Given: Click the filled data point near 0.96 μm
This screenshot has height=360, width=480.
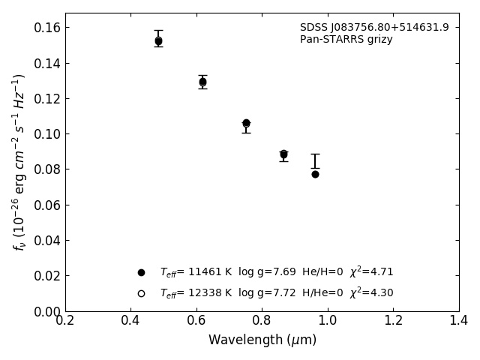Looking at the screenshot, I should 315,174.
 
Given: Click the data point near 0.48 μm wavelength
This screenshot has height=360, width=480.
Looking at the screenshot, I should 158,41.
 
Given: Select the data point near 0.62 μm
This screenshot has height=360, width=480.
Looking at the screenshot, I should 202,82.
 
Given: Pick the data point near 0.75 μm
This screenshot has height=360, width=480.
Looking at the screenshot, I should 246,123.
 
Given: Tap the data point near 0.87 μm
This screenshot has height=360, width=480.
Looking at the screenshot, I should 283,154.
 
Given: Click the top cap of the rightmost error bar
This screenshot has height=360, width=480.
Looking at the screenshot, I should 315,154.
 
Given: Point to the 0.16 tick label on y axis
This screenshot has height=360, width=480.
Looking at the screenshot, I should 46,28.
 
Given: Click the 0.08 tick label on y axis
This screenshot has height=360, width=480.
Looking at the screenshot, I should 46,169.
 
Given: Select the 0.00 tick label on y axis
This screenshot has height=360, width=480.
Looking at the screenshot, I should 46,311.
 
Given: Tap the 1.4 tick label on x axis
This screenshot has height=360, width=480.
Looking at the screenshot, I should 459,321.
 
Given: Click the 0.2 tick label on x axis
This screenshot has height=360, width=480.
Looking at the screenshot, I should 65,321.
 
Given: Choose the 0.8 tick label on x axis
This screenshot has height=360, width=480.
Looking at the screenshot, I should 262,321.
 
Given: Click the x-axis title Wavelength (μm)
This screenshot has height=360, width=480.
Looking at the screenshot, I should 262,340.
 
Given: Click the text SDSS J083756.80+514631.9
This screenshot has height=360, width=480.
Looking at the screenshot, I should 374,28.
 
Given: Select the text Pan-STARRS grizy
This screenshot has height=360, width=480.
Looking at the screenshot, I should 346,40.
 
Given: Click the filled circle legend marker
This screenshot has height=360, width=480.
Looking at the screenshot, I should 141,272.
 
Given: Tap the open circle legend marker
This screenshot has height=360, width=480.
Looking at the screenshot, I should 141,293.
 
